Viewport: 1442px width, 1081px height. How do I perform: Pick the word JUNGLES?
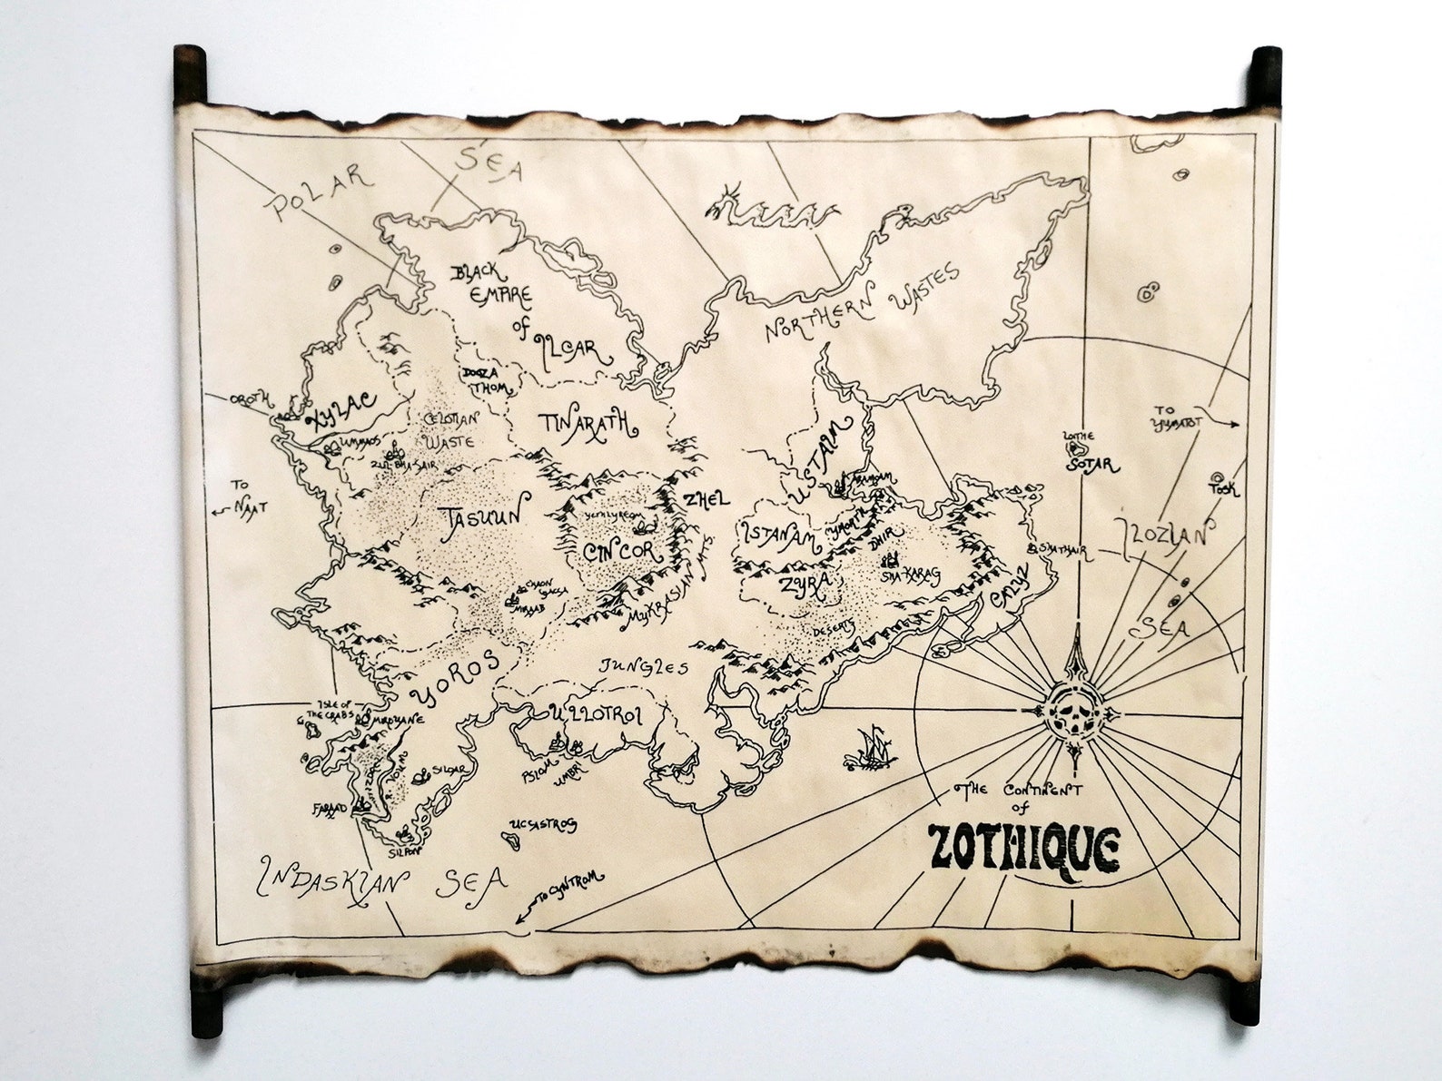[643, 666]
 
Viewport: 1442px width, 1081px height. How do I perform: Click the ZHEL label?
[707, 499]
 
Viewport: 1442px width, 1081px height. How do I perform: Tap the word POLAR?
[319, 189]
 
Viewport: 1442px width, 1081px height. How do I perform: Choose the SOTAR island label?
[1093, 465]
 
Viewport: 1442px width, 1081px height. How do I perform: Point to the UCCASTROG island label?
[544, 825]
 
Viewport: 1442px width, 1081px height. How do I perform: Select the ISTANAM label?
[780, 536]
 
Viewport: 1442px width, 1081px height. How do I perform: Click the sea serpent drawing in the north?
[772, 211]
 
